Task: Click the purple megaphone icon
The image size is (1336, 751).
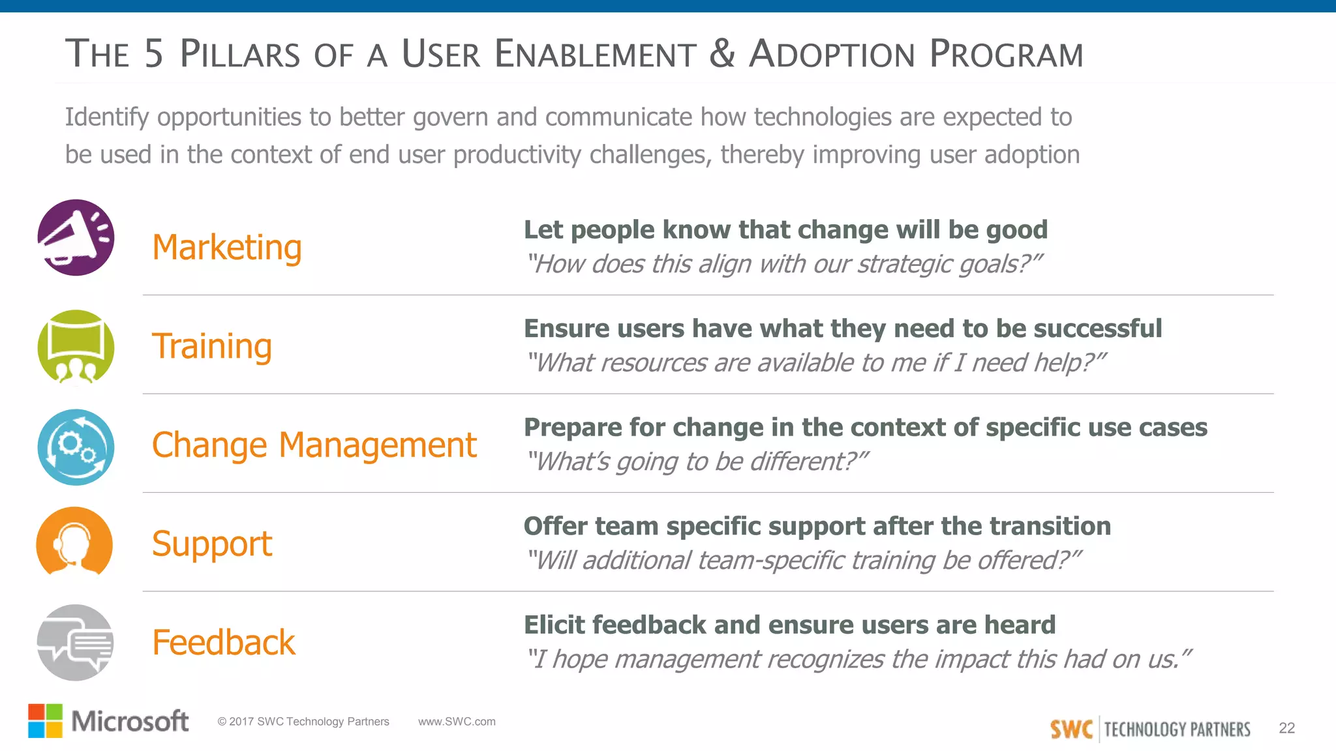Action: (x=76, y=237)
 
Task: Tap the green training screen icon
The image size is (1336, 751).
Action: (x=76, y=347)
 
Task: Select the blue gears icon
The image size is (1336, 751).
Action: (x=76, y=447)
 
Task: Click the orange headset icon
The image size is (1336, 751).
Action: (x=74, y=542)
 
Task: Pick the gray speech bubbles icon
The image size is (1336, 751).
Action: (x=75, y=642)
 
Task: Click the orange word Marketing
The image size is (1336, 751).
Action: (x=226, y=248)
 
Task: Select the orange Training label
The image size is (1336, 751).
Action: (x=211, y=346)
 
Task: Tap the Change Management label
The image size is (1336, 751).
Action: (x=314, y=445)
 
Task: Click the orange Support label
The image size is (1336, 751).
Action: (x=211, y=544)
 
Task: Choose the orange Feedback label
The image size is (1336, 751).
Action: (x=223, y=643)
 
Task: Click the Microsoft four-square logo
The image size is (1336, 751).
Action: (x=46, y=720)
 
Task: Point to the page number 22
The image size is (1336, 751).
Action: (x=1286, y=728)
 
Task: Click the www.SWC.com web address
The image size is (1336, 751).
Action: (x=457, y=722)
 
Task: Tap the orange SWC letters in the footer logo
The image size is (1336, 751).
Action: (x=1071, y=729)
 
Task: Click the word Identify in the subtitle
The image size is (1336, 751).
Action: (x=107, y=118)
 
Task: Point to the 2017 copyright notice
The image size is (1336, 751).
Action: (x=303, y=722)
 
